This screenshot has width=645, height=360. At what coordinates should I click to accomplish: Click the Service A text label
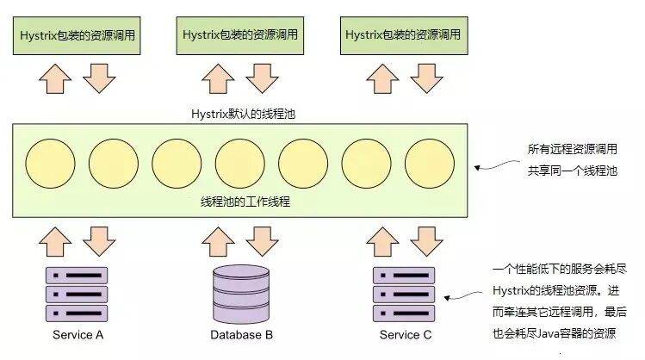[78, 335]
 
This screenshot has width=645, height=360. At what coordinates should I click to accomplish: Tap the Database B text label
[241, 335]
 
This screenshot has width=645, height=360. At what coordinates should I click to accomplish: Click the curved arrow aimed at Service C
[462, 295]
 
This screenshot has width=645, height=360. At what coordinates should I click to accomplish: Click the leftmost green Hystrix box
[76, 34]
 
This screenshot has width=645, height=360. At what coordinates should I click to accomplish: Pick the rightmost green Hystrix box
[403, 34]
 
